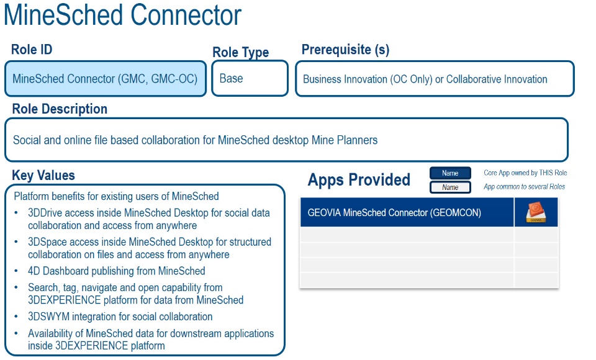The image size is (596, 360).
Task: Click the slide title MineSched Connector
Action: coord(122,15)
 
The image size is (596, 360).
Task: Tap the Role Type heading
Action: coord(240,53)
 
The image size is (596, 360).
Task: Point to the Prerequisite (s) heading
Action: coord(345,50)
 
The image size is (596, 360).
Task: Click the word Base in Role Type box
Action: coord(231,79)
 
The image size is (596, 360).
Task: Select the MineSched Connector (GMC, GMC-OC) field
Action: coord(105,79)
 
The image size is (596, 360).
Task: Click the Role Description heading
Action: coord(60,109)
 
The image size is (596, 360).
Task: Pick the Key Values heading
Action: coord(43,175)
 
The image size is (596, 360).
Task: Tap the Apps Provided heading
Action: coord(359,180)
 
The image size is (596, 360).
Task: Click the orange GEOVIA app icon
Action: coord(536,212)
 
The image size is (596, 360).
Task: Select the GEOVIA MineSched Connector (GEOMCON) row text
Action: coord(394,213)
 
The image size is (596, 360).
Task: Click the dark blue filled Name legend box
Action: coord(450,173)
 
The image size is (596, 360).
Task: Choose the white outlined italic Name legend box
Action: coord(450,187)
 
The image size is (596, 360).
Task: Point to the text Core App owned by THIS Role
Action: coord(525,173)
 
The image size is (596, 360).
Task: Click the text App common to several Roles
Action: coord(524,187)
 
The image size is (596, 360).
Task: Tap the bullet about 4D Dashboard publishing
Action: coord(116,271)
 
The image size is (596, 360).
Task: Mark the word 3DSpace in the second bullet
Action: coord(47,242)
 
